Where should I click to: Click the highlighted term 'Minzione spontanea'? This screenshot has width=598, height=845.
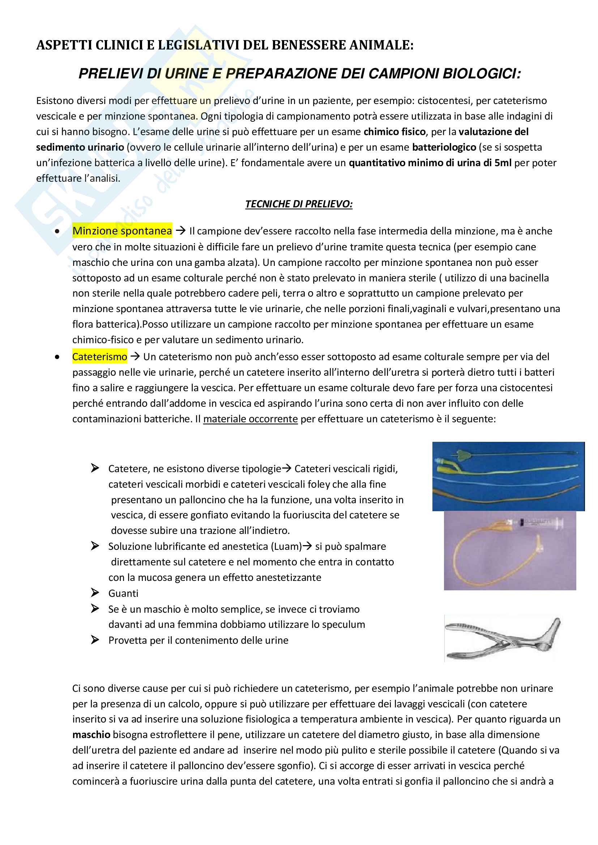point(122,231)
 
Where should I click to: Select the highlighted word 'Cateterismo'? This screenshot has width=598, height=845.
point(99,357)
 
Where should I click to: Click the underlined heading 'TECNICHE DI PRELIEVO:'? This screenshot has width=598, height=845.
point(299,204)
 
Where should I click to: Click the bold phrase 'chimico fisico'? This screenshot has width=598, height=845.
point(394,132)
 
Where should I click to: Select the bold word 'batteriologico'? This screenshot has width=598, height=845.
point(444,147)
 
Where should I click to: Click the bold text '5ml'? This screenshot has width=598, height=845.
point(503,163)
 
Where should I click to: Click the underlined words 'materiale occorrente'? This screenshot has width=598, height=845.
point(251,419)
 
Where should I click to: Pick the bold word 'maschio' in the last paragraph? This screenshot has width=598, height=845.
point(91,734)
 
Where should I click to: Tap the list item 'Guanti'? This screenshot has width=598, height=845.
point(123,593)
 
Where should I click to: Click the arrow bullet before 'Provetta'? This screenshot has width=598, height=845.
point(95,640)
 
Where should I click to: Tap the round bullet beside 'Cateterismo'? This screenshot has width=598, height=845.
point(57,357)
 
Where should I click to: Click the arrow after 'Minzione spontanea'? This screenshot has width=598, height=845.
point(180,231)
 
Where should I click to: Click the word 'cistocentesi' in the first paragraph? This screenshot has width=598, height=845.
point(444,101)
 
